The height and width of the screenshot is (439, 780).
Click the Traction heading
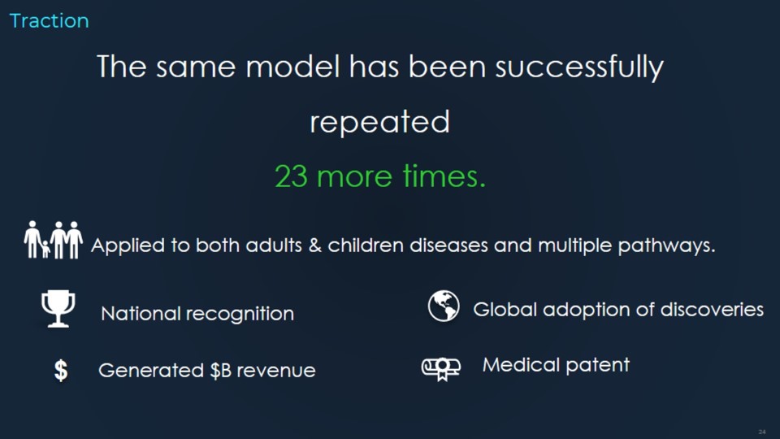50,21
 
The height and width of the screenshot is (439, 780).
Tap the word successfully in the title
579,67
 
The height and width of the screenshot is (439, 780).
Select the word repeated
380,123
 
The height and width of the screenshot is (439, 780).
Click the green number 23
291,176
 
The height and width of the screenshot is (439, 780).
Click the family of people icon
54,240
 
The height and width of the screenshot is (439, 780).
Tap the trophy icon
58,309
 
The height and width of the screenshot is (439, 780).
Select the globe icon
444,306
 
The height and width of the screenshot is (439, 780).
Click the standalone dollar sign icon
61,371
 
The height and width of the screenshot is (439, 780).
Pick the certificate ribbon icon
440,369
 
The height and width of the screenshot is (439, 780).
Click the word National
141,314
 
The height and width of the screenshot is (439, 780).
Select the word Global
505,310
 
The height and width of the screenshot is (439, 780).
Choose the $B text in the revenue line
220,371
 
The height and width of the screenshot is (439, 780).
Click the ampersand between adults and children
315,246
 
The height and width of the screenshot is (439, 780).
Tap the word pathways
666,246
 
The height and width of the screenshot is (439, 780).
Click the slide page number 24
761,432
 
